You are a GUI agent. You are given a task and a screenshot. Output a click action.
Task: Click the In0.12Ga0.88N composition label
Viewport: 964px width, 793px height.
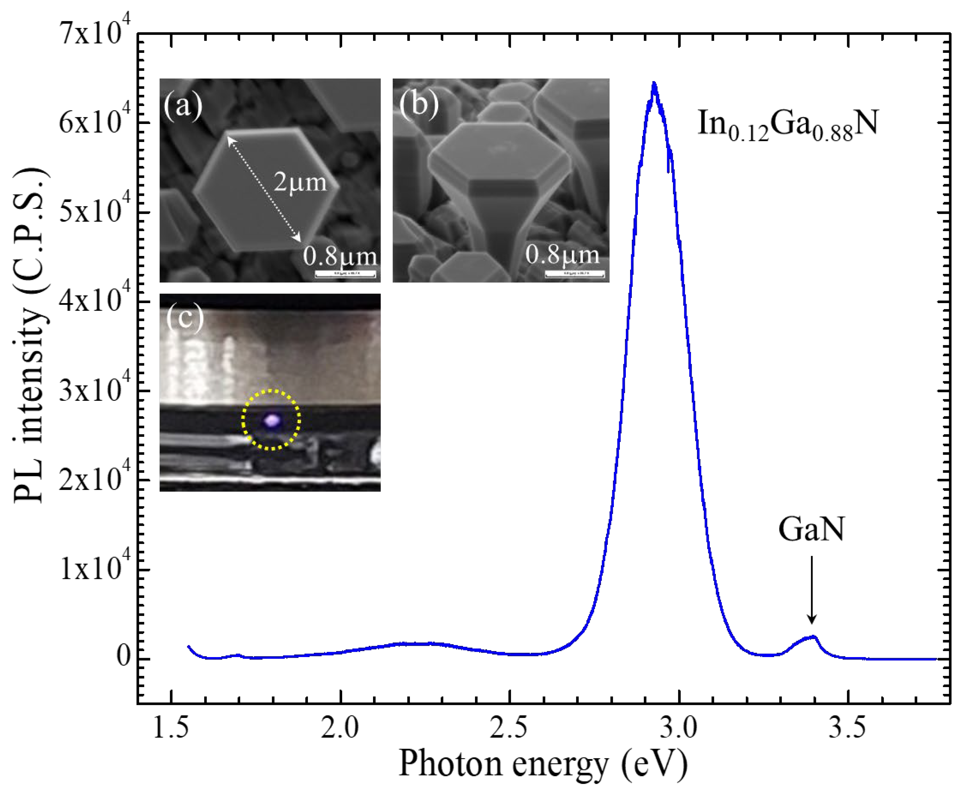(787, 126)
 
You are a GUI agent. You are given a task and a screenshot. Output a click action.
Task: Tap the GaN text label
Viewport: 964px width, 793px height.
(811, 530)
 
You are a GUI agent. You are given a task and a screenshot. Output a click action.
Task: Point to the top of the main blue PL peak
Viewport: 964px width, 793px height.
(654, 84)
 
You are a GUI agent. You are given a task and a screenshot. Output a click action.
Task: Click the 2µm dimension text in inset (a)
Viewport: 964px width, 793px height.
(300, 183)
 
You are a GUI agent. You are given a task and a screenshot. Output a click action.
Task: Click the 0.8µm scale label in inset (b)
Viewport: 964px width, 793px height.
(562, 255)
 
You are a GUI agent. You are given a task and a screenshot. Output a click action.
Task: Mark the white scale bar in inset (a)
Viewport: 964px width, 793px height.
(345, 274)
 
